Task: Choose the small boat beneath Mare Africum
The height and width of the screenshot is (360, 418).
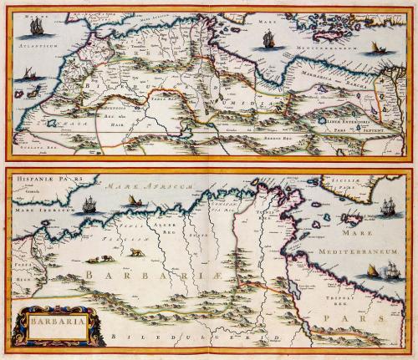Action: (x=133, y=202)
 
